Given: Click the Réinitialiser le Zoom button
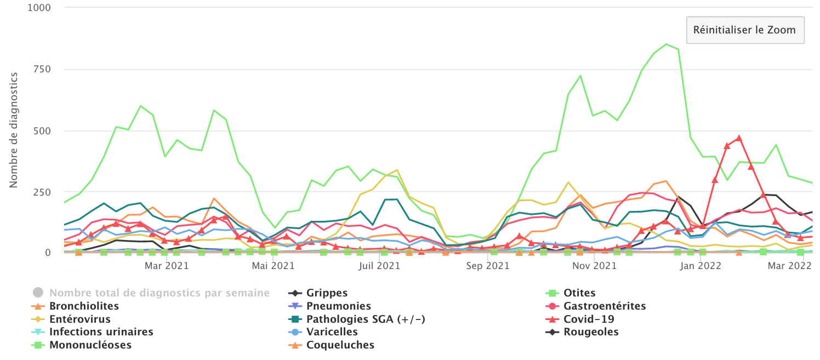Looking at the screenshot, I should point(744,30).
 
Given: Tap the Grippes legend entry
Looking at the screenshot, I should point(327,293).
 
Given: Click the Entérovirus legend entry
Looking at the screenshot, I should point(79,319).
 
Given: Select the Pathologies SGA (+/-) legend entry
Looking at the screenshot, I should point(366,319).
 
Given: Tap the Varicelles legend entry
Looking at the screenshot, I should point(332,332).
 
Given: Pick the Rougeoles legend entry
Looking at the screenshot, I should point(591,332).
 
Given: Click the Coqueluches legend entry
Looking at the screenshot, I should point(340,345).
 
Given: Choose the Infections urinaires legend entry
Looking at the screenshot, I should point(101,332).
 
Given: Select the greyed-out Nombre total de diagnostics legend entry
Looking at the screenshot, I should point(159,293).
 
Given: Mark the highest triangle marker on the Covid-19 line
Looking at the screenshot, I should point(739,138).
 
